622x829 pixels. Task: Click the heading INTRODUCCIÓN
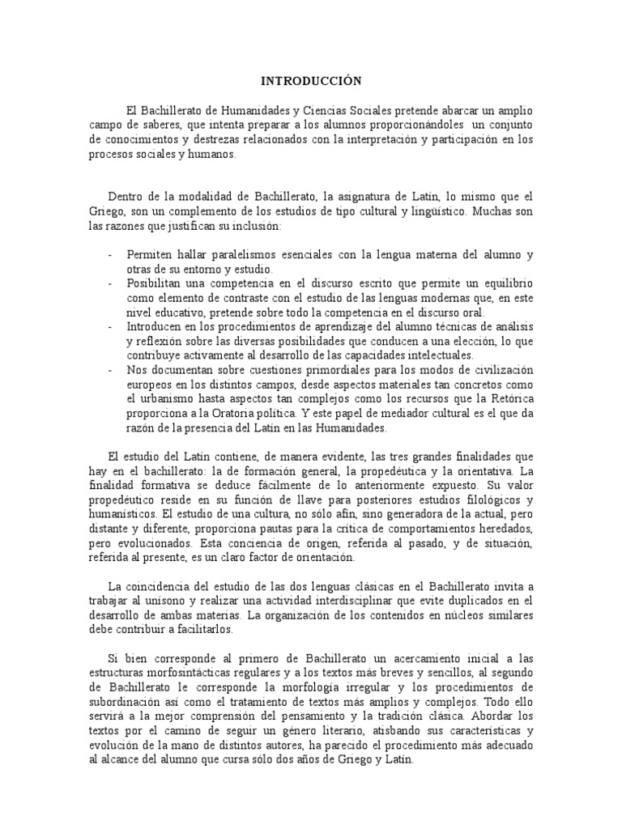coord(310,81)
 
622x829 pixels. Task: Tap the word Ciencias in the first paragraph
coord(321,109)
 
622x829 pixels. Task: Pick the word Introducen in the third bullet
coord(154,326)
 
